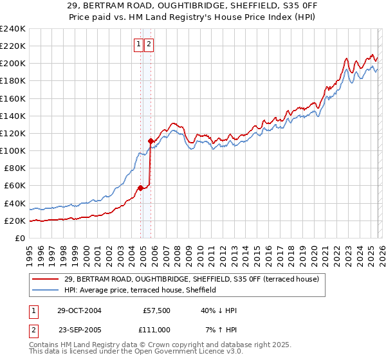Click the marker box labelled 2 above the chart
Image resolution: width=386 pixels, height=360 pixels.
pos(149,44)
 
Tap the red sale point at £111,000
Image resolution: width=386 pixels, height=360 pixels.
pos(151,141)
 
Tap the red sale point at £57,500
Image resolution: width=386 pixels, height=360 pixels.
pos(140,188)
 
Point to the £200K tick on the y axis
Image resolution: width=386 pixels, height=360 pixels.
pos(13,64)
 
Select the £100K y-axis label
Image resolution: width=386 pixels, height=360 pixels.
pos(13,151)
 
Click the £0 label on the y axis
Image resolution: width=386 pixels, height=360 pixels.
pos(19,239)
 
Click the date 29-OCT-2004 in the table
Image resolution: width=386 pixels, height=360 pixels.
pos(79,310)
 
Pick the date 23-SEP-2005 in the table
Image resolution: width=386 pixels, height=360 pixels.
pos(79,330)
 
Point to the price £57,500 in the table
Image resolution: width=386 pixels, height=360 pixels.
pos(156,310)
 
